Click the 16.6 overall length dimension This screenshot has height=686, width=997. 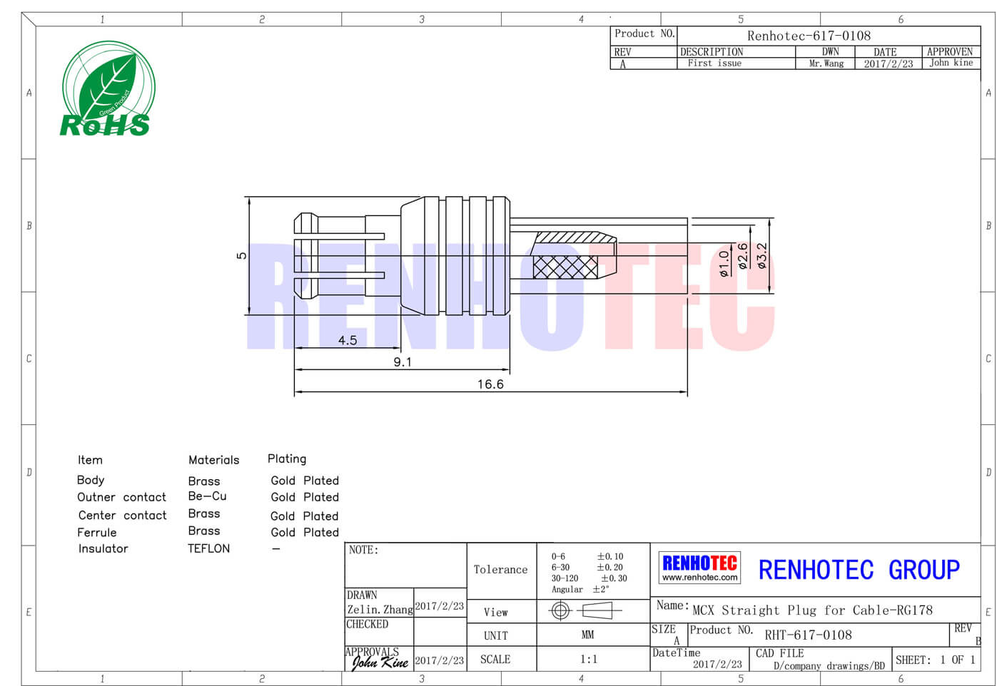pyautogui.click(x=490, y=384)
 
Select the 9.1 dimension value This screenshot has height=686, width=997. pyautogui.click(x=403, y=362)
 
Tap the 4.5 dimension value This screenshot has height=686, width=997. pyautogui.click(x=348, y=341)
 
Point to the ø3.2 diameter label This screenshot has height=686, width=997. pyautogui.click(x=762, y=255)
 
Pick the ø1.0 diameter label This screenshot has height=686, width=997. pyautogui.click(x=724, y=264)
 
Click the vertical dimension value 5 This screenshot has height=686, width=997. pyautogui.click(x=241, y=255)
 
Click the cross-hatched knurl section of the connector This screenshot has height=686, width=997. pyautogui.click(x=565, y=267)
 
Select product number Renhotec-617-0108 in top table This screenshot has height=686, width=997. pyautogui.click(x=809, y=36)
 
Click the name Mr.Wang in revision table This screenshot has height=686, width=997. pyautogui.click(x=826, y=63)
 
